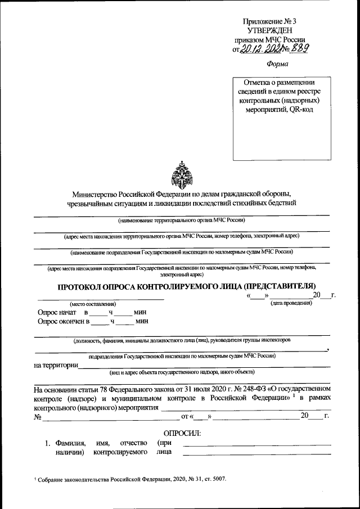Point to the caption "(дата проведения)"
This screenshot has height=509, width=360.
(290, 304)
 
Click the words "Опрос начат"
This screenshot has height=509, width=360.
(56, 312)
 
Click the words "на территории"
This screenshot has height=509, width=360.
(56, 366)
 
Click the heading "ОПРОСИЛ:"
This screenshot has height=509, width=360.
(182, 433)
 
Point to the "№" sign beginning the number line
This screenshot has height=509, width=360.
(38, 417)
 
